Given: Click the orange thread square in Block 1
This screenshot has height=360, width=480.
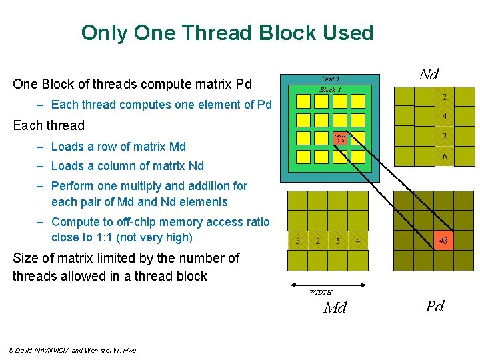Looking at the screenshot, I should click(x=339, y=139).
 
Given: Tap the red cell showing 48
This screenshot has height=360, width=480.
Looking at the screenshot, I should click(x=443, y=241).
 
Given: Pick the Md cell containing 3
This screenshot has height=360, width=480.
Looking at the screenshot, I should click(x=298, y=241).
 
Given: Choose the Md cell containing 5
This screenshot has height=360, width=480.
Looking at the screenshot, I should click(x=338, y=241).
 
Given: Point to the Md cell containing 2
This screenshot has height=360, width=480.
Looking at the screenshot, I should click(x=318, y=241).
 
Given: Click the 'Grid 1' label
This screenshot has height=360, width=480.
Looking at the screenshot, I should click(x=331, y=79).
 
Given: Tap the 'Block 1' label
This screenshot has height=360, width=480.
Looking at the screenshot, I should click(x=331, y=89).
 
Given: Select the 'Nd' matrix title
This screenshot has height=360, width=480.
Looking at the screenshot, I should click(x=428, y=74).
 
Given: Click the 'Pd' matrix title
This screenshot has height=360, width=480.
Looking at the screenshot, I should click(x=435, y=306).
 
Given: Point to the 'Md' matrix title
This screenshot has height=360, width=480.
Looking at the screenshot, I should click(x=335, y=307).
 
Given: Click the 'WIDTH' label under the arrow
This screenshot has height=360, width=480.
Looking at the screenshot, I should click(x=321, y=292).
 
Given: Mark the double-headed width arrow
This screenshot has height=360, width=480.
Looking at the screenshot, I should click(x=327, y=284).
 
